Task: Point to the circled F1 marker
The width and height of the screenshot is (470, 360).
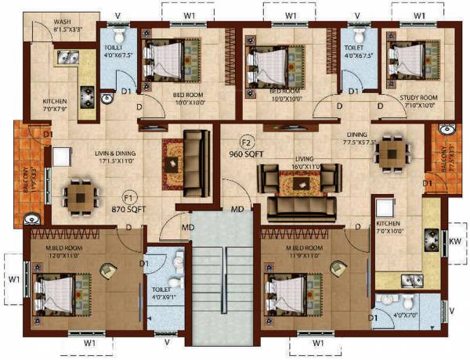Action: coord(128,197)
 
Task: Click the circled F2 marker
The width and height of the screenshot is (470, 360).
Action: coord(246,142)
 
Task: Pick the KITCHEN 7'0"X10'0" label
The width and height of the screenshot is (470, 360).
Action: coord(396,232)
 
